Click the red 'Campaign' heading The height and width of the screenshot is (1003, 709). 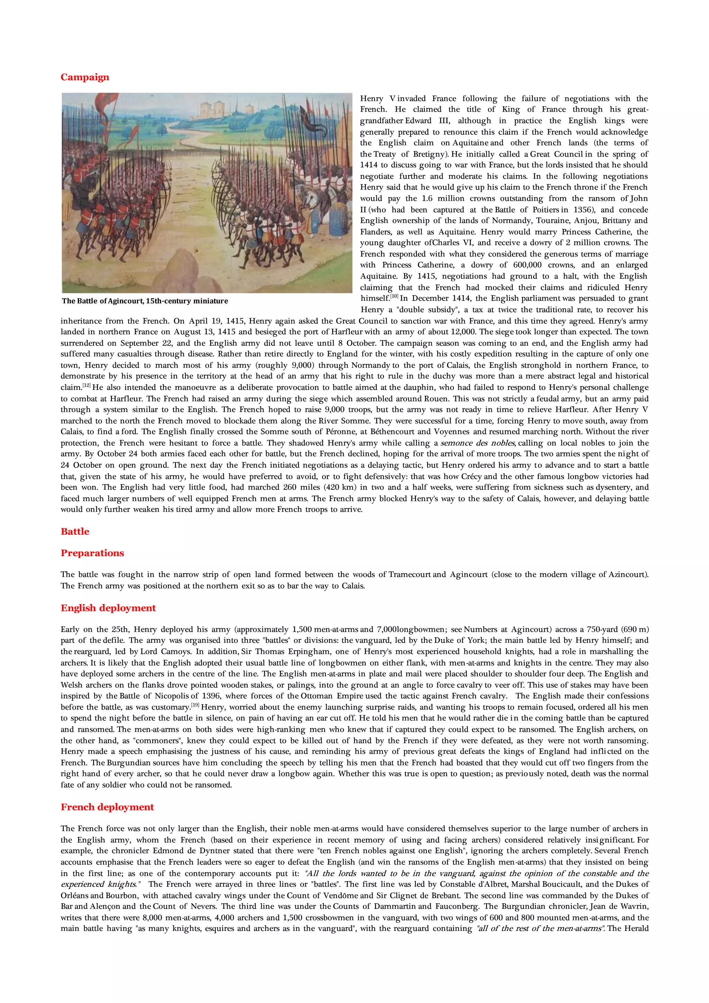(x=85, y=77)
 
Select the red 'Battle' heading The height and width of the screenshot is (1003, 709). (x=75, y=532)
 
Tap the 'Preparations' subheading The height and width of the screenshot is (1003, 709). (x=92, y=553)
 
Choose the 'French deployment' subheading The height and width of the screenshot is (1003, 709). (x=107, y=807)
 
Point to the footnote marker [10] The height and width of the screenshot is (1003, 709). (x=394, y=296)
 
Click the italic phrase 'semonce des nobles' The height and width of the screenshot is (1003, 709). (x=478, y=443)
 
